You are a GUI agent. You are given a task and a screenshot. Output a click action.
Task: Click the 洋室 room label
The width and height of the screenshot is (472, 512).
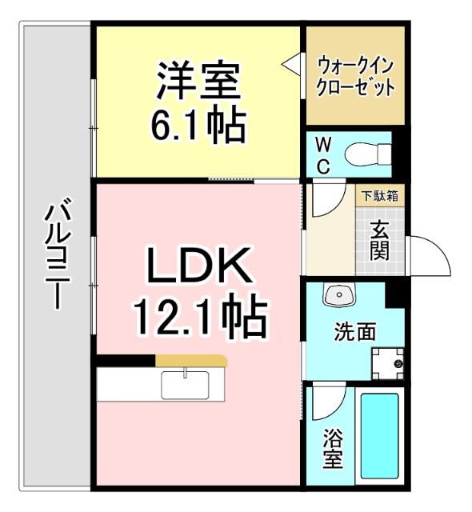[x=198, y=80]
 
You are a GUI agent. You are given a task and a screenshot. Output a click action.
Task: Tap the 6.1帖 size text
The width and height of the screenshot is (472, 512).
[x=198, y=124]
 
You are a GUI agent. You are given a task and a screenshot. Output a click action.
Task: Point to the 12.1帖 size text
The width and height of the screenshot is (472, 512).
[x=199, y=317]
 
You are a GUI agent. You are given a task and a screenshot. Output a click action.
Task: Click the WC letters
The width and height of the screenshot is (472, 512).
[x=322, y=154]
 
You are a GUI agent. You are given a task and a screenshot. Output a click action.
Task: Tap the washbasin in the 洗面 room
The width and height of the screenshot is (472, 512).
[x=338, y=296]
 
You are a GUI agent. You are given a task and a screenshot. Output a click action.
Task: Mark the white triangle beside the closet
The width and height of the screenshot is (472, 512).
[x=290, y=62]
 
